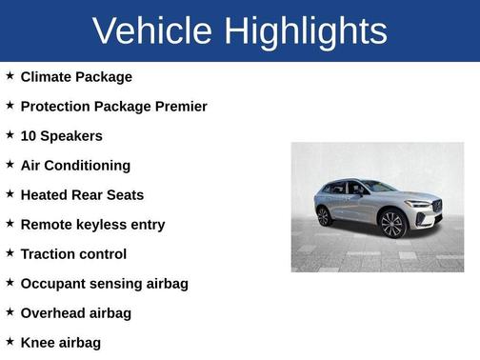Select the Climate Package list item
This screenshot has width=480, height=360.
point(76,76)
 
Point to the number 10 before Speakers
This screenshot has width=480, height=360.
point(29,135)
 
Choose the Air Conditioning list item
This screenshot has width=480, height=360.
point(75,165)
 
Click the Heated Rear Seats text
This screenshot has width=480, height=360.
point(82,194)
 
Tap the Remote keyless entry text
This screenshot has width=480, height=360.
point(92,224)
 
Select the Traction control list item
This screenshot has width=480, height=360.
point(73,253)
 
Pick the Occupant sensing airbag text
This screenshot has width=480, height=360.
point(104,283)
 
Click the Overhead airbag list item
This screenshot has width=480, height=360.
point(76,312)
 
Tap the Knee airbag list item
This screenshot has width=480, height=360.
point(60,342)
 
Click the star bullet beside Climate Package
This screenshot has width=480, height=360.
point(10,75)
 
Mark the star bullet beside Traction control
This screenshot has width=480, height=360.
point(10,252)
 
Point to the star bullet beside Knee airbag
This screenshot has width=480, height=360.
point(10,341)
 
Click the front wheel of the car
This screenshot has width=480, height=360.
point(392,224)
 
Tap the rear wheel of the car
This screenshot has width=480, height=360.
point(325,215)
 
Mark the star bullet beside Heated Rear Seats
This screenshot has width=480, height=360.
point(10,193)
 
